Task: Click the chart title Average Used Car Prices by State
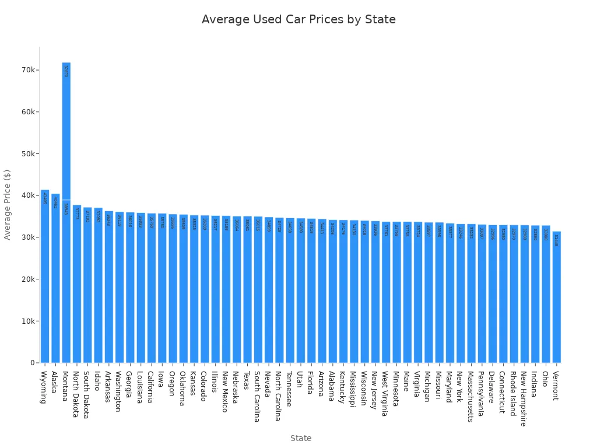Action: (x=298, y=20)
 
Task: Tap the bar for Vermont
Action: (x=556, y=297)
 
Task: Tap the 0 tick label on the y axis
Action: (x=33, y=363)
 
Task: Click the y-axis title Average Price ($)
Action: (x=8, y=205)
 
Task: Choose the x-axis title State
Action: (x=301, y=438)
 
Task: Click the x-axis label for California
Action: (x=150, y=387)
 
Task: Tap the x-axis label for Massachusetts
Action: (x=470, y=396)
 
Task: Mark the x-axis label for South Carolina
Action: (x=257, y=396)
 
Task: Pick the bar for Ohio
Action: (x=545, y=294)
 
